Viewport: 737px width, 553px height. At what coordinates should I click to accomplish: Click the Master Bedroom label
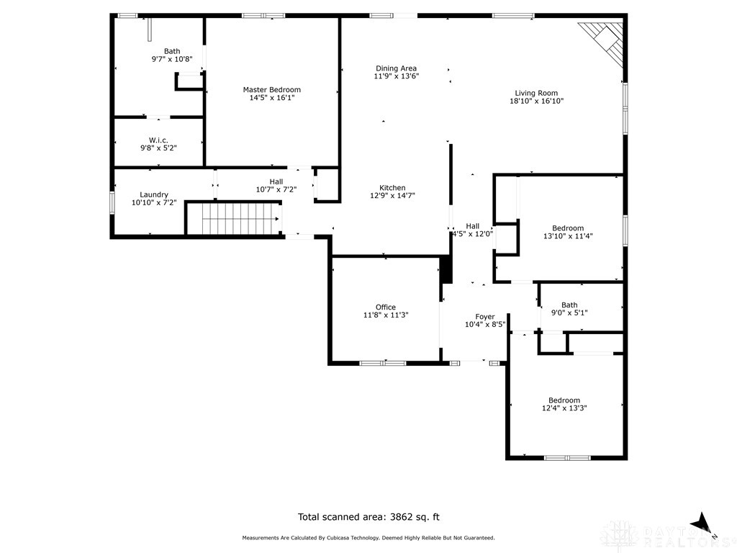click(271, 90)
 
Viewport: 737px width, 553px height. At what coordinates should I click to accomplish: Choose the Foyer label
click(484, 317)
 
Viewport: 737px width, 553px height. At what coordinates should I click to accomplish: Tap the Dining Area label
click(396, 68)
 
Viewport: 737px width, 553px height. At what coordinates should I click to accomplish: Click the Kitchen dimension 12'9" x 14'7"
click(392, 195)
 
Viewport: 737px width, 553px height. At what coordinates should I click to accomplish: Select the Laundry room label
click(154, 194)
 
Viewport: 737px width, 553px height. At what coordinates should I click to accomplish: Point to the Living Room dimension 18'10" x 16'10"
click(536, 102)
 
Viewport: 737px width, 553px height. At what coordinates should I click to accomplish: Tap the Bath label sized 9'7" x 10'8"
click(172, 51)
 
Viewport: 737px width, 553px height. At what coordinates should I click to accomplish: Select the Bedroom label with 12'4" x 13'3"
click(564, 400)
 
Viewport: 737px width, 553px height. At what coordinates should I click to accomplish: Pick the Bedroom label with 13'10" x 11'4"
click(568, 228)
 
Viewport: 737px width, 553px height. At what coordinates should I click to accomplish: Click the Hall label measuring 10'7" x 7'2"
click(276, 181)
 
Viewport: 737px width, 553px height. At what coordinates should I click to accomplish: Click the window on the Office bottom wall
click(382, 363)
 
